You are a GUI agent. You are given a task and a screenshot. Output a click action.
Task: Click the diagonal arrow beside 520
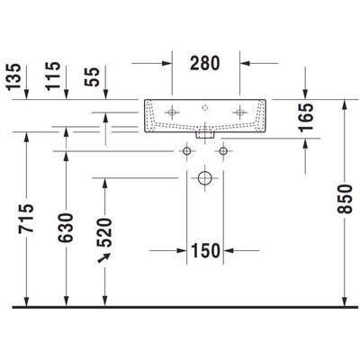pos(105,259)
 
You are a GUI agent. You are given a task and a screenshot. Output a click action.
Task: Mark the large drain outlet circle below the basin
pos(205,180)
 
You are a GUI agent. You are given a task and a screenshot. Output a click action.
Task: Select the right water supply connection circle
pos(222,151)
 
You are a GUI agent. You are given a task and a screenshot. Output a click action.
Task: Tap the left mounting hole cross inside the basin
pos(171,112)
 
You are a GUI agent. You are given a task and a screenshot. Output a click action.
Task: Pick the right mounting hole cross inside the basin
pos(240,112)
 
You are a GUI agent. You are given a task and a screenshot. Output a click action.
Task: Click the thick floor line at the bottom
pos(180,308)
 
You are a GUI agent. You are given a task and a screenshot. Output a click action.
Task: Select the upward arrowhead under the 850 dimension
pos(345,299)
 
